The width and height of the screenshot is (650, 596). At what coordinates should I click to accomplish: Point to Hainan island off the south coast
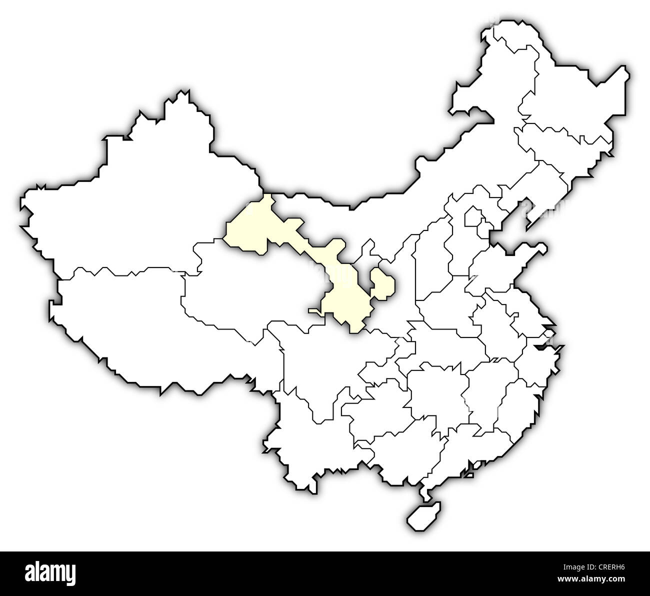[x=421, y=516]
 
